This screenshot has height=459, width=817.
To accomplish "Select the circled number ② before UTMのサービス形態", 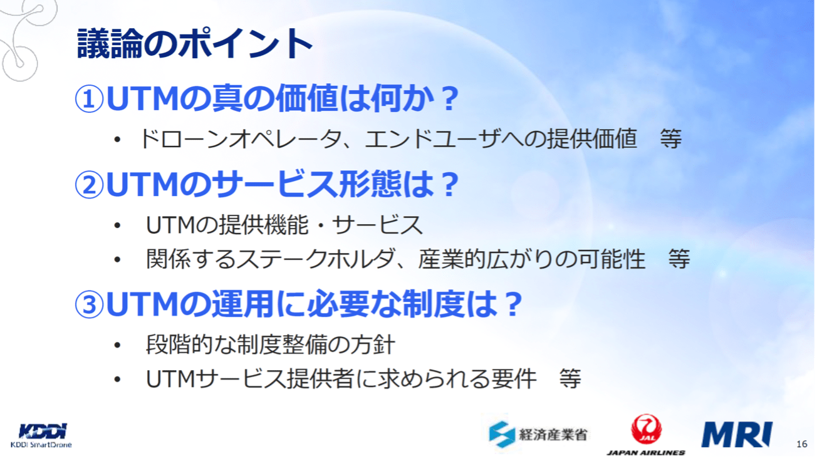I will (x=89, y=185).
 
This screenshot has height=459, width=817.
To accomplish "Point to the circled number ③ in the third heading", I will (x=89, y=305).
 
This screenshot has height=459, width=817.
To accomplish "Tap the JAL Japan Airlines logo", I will (x=645, y=434).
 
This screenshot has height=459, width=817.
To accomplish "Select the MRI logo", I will (x=736, y=434).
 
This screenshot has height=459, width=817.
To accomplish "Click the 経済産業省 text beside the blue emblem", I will (x=553, y=434).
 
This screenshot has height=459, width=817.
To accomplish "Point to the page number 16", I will (x=801, y=444).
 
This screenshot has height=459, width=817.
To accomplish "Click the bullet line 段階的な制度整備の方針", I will (x=270, y=345).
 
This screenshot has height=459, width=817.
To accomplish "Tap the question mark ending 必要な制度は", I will (x=513, y=306).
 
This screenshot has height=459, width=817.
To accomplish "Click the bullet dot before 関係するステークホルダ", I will (x=117, y=259).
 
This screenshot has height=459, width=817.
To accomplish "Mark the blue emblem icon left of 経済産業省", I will (x=502, y=434).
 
